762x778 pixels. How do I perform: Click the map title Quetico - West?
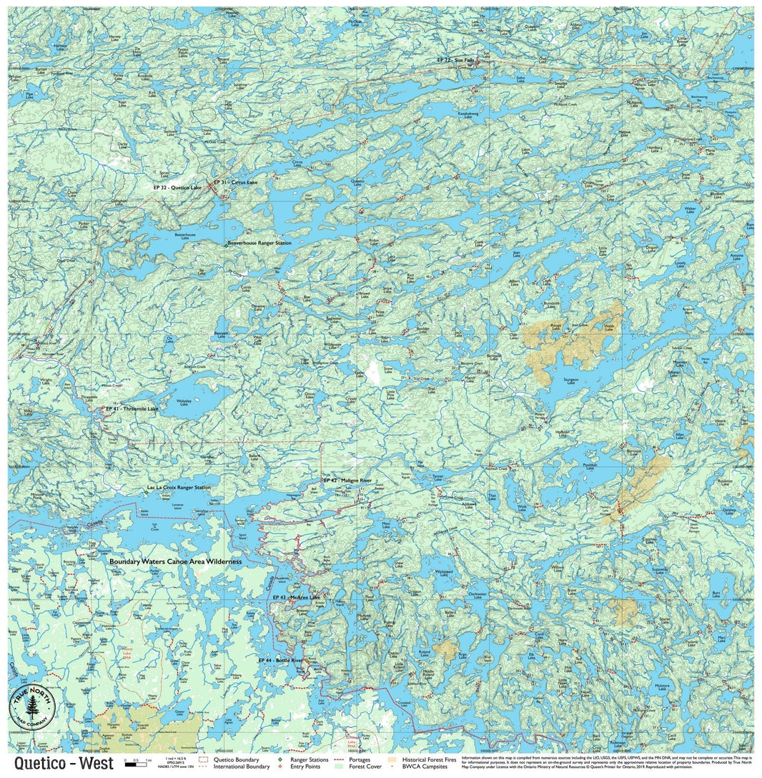tap(63, 763)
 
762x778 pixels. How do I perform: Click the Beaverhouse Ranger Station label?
tap(259, 243)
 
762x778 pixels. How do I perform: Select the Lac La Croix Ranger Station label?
tap(179, 488)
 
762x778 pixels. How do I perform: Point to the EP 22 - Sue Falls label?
tap(455, 60)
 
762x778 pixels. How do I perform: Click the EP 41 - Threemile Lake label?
tap(132, 408)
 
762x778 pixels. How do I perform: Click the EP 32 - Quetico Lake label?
tap(177, 187)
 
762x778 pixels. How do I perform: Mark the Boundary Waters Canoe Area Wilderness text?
tap(176, 562)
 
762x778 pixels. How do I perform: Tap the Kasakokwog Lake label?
tap(468, 114)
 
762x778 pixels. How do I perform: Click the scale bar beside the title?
tap(136, 764)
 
